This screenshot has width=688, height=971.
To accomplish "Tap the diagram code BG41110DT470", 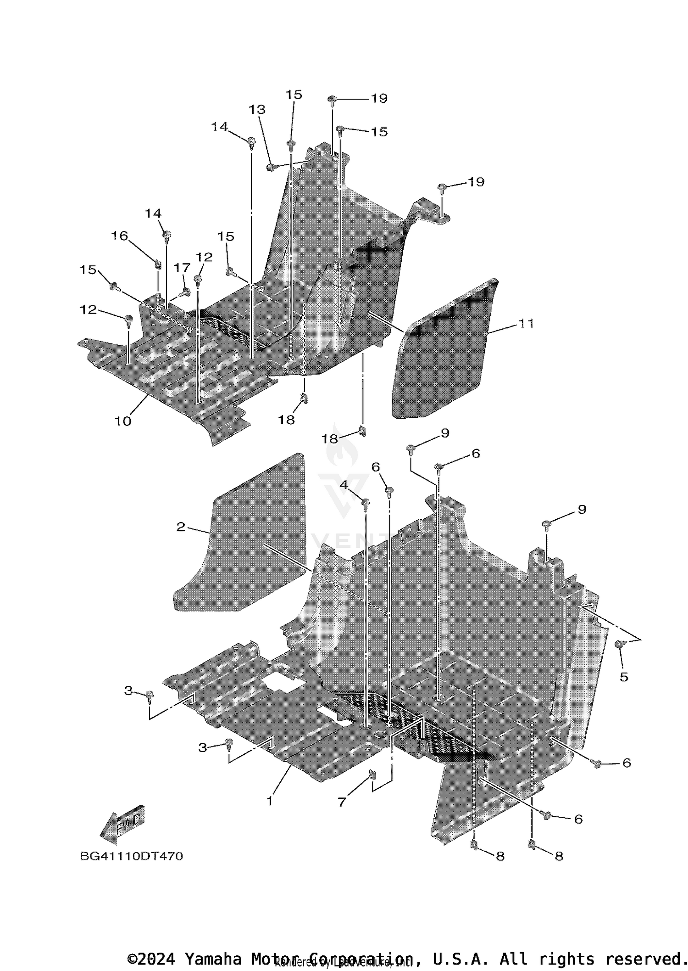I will point(131,856).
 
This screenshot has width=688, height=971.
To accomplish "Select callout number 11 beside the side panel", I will point(526,323).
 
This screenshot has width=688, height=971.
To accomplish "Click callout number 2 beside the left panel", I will point(181,527).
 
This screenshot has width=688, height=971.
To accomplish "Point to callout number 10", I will point(123,421).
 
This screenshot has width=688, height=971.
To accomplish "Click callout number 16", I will point(120,236).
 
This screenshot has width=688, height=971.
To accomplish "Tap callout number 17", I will point(182,268).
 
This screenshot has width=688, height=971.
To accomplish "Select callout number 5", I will point(624,677).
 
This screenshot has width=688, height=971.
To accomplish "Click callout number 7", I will point(342,802).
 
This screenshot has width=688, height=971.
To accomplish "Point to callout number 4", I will point(344,485).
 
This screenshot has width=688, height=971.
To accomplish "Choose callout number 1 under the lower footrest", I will point(270,801).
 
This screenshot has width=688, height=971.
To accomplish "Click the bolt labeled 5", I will point(618,644).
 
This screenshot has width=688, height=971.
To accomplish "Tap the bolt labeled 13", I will point(271,167).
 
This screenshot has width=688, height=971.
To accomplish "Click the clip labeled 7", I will point(372,776).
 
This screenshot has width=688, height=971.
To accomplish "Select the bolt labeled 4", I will point(366,504).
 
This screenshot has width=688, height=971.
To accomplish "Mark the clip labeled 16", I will point(158,264).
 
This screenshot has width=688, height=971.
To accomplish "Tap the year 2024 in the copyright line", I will point(156,959).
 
